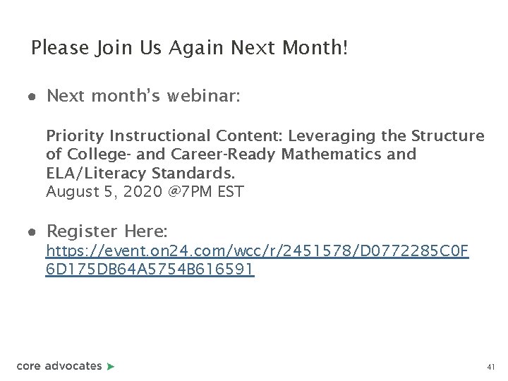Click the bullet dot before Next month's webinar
pos(33,97)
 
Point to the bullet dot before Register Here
pos(33,231)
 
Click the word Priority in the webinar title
pos(73,135)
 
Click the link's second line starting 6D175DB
pos(149,270)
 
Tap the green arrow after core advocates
pos(110,366)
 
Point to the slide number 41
pos(491,368)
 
